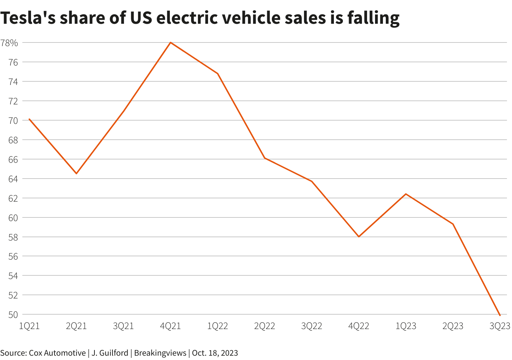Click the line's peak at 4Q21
coord(170,42)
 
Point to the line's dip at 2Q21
coord(76,174)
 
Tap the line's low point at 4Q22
coord(359,237)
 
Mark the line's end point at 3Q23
coord(500,315)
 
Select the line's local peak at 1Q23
coord(406,194)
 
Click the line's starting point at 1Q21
coord(29,119)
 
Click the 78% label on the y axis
coord(9,43)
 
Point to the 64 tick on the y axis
coord(13,179)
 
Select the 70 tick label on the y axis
coord(13,121)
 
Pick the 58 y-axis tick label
coord(13,237)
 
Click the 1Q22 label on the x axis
coord(217,326)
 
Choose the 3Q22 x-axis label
coord(312,326)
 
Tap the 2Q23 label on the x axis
coord(453,326)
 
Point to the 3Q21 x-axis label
coord(123,326)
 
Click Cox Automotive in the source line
coord(57,353)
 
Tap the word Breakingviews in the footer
coord(160,353)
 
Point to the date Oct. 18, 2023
coord(215,353)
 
